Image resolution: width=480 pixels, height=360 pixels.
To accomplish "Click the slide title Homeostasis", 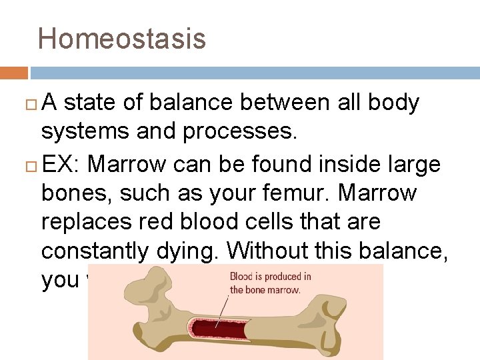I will (x=122, y=39).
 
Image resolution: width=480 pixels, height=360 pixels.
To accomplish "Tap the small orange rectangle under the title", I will (x=13, y=73).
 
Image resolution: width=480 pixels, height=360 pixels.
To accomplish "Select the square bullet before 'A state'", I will (x=32, y=103).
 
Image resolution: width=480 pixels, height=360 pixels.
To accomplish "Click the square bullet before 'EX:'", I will (x=32, y=164).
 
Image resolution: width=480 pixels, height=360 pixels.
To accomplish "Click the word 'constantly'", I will (x=97, y=252).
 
